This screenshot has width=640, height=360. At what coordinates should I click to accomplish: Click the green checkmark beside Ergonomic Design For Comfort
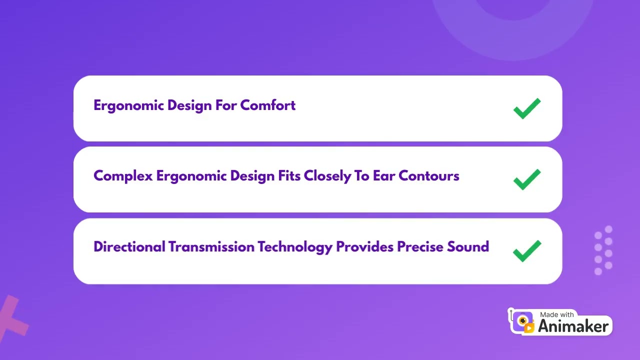[x=527, y=108]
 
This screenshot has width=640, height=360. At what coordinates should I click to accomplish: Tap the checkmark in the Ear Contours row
[x=527, y=179]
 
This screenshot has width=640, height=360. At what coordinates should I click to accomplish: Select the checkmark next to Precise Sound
[x=527, y=250]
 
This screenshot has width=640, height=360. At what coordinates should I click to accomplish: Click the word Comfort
[x=268, y=105]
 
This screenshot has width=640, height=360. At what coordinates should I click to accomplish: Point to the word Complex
[x=123, y=176]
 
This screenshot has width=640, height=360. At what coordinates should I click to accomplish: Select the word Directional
[x=129, y=247]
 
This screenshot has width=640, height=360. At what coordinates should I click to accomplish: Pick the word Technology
[x=295, y=247]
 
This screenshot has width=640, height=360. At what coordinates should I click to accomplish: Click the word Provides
[x=365, y=247]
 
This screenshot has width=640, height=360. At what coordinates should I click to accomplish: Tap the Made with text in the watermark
[x=557, y=314]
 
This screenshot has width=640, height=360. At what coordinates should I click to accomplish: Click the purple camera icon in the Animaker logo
[x=523, y=321]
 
